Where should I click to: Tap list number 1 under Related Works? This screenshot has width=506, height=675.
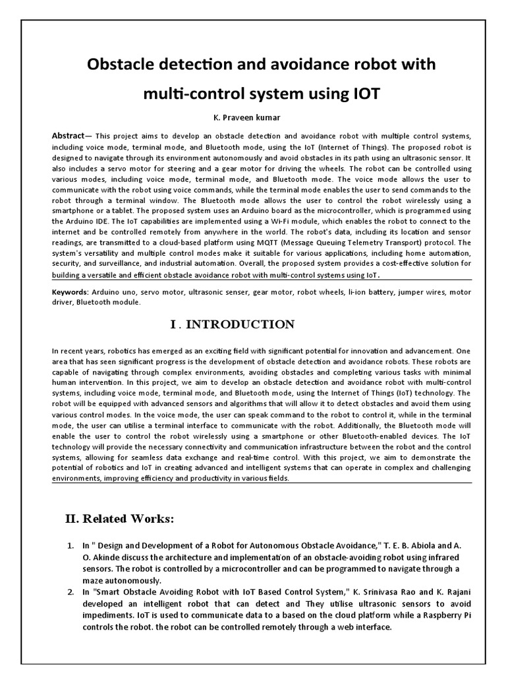coord(70,546)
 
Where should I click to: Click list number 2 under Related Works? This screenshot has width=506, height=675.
coord(70,593)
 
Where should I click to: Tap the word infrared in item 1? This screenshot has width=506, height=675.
coord(426,558)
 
